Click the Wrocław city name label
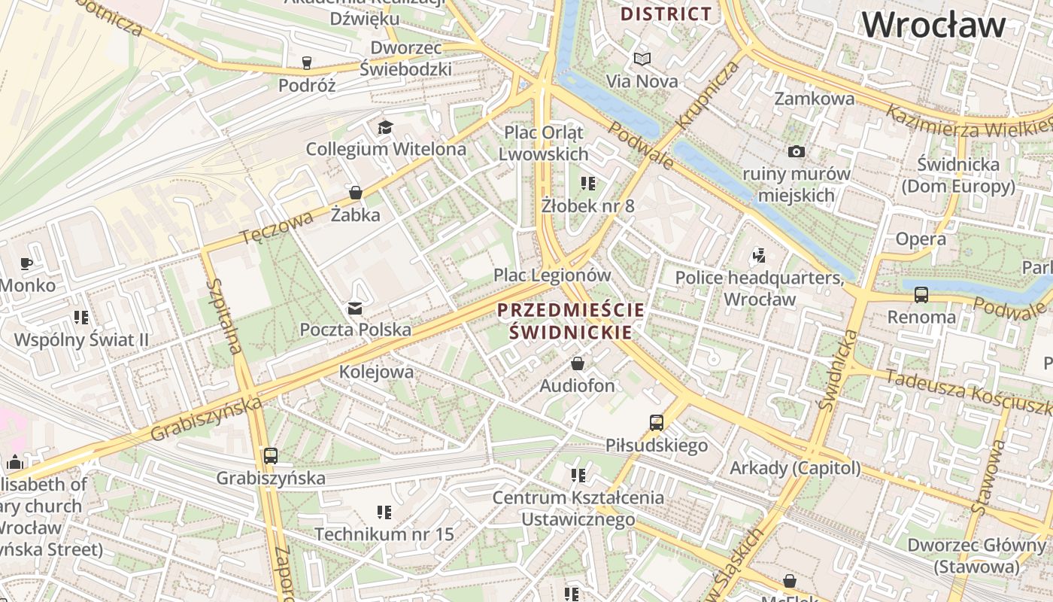click(933, 26)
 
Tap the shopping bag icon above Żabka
click(356, 193)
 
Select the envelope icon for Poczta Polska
click(354, 308)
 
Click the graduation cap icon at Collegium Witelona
click(385, 127)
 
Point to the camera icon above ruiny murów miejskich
click(797, 152)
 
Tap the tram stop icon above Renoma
click(921, 294)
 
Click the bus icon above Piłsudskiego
click(657, 423)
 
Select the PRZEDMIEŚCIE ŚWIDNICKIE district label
click(571, 321)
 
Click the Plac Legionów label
click(552, 275)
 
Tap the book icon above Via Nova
click(642, 59)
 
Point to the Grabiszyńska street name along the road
click(206, 420)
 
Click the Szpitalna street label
click(225, 316)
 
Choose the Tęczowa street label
click(277, 228)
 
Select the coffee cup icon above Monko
click(26, 263)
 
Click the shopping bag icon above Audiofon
click(578, 364)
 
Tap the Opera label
click(921, 239)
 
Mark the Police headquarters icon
click(758, 256)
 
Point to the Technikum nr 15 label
click(384, 534)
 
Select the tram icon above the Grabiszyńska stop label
click(271, 455)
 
